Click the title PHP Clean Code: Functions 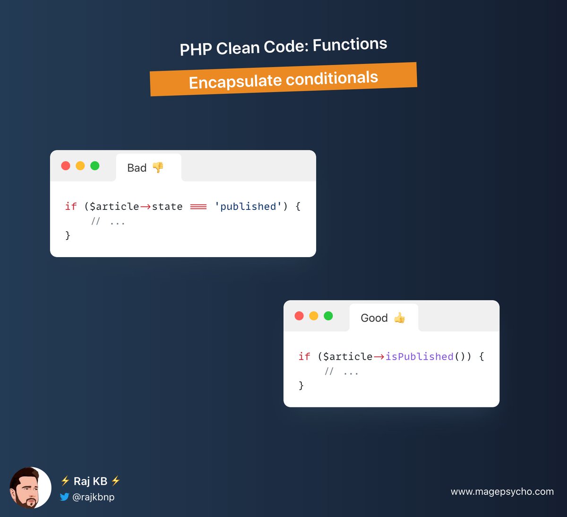click(x=283, y=46)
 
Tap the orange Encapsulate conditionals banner click(x=283, y=79)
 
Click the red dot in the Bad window click(x=66, y=166)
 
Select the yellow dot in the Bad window click(x=80, y=166)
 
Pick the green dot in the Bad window click(x=95, y=166)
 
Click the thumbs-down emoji click(x=158, y=167)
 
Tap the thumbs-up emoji click(x=400, y=318)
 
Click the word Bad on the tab click(x=137, y=168)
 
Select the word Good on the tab click(x=374, y=318)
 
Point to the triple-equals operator click(x=198, y=207)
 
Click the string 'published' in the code click(x=248, y=207)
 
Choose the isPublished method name click(x=419, y=356)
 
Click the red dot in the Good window click(x=299, y=316)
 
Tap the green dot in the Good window click(x=328, y=316)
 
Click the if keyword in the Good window click(x=304, y=356)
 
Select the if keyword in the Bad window click(x=71, y=207)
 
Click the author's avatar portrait click(x=30, y=488)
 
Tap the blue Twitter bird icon click(x=64, y=497)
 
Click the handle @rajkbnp click(x=94, y=497)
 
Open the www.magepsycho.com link click(x=502, y=491)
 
